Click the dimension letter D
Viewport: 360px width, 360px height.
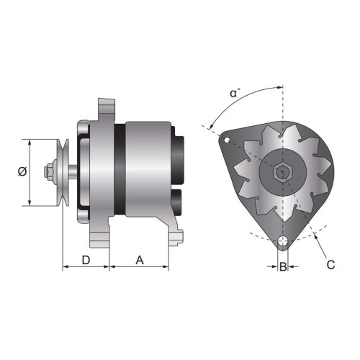click(x=86, y=260)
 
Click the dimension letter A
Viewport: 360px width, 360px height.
click(x=140, y=260)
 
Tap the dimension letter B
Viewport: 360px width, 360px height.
click(x=283, y=266)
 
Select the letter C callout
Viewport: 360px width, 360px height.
click(x=330, y=265)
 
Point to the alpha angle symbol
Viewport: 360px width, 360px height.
click(x=235, y=93)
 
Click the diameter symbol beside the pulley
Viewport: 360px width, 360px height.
click(x=22, y=171)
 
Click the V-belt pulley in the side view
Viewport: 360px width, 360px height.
click(x=63, y=172)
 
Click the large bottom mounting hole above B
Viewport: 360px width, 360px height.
click(x=283, y=241)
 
